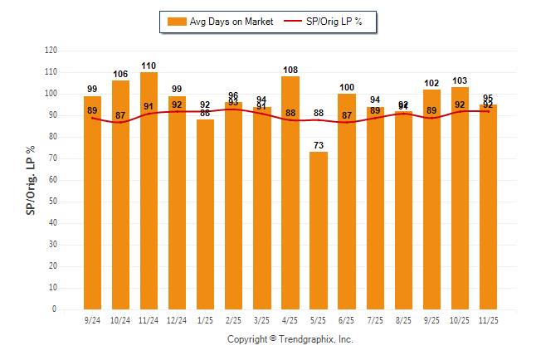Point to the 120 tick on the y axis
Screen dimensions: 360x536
[51, 51]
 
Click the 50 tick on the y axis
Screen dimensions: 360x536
[53, 202]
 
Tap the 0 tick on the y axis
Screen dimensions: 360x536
[55, 309]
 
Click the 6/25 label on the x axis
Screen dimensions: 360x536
[347, 319]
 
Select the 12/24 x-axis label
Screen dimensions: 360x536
[177, 319]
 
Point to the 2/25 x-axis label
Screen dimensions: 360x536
[234, 319]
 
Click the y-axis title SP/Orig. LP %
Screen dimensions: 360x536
[31, 179]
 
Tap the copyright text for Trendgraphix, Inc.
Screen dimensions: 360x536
[290, 339]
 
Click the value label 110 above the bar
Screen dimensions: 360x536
[149, 66]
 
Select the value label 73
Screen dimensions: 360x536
[319, 145]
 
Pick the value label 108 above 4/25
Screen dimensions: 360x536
[290, 70]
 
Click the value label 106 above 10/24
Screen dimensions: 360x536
[120, 74]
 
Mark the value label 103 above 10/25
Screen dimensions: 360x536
[460, 80]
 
